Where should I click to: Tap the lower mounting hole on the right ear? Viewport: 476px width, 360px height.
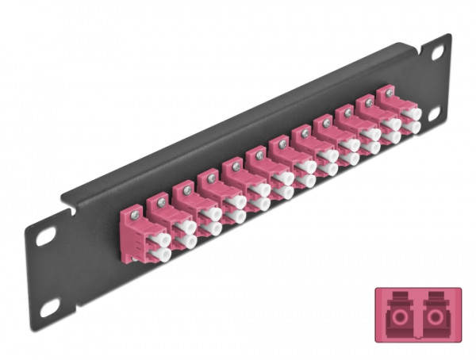point(436,114)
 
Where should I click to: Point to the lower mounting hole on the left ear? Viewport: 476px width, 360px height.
point(46,303)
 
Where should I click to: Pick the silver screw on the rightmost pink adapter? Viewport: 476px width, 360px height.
point(390,94)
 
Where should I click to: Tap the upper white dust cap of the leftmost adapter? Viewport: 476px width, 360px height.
point(163,239)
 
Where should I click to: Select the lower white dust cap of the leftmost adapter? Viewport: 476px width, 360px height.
point(163,255)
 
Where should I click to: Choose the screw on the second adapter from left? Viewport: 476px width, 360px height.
point(161,201)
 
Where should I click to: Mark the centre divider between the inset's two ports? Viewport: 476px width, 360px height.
point(416,314)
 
